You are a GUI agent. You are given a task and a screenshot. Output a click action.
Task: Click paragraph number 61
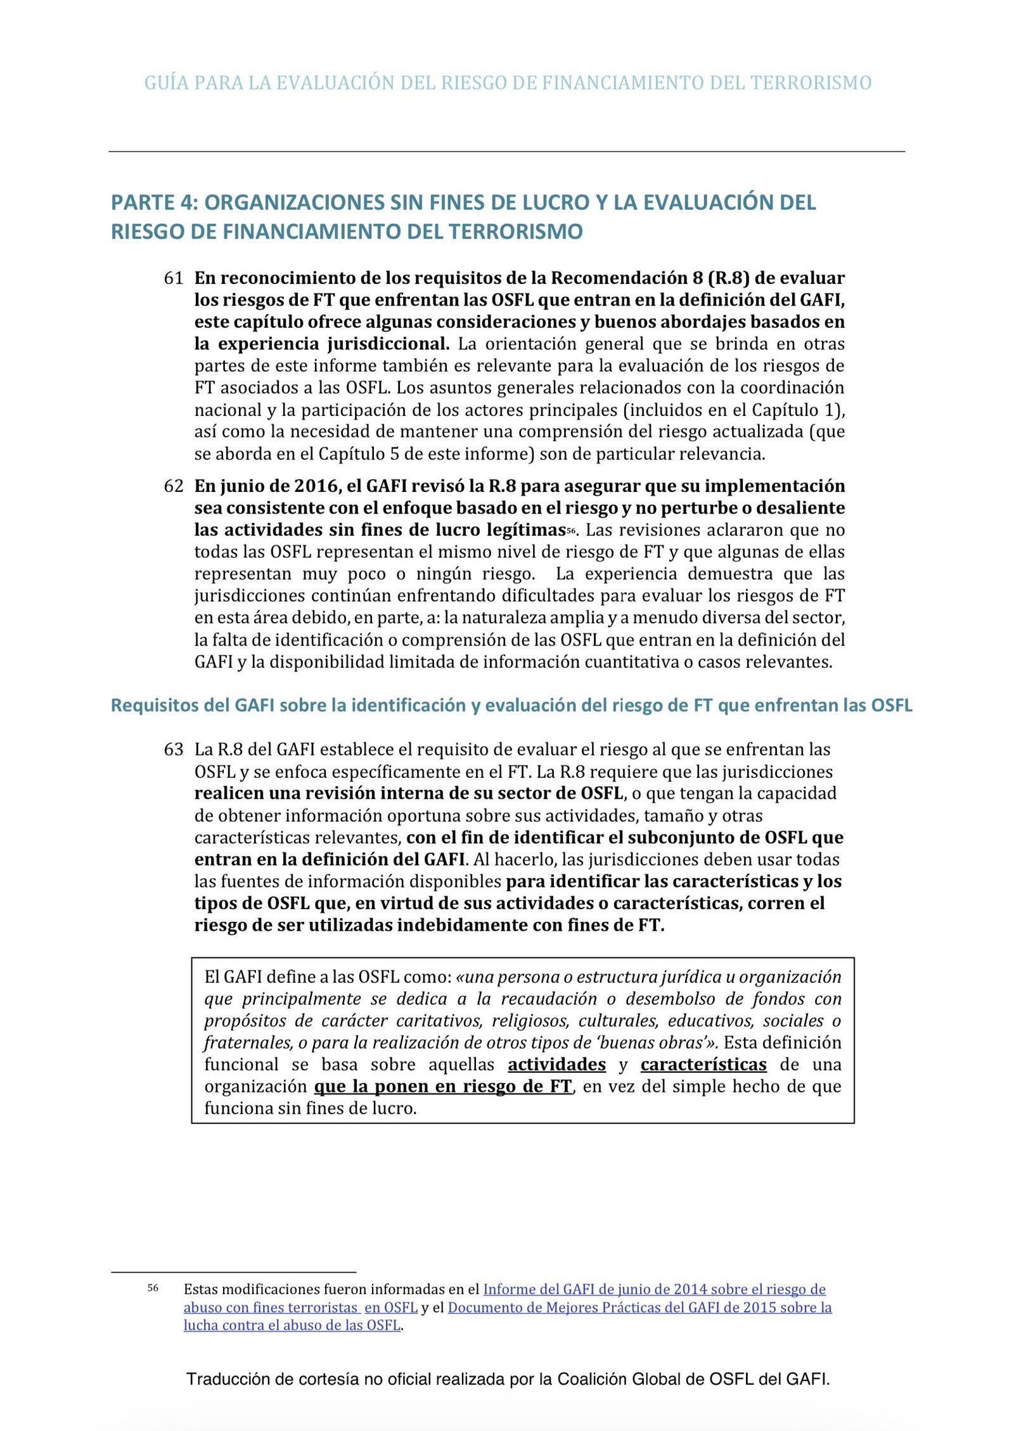[173, 278]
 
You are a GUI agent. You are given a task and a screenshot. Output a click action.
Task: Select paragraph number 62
[173, 486]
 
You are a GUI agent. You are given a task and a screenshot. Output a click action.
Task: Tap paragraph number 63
[173, 749]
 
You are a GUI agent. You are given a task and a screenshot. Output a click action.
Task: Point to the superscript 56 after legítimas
[571, 530]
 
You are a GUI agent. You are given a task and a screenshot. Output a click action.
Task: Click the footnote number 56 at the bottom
[153, 1288]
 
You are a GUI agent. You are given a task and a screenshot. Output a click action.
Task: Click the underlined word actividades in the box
[556, 1065]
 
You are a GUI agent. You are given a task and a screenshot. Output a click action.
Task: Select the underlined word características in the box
[703, 1065]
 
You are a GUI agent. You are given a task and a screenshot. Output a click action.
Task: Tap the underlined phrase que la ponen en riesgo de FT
[443, 1086]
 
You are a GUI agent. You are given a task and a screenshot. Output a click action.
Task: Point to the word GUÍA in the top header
[166, 82]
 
